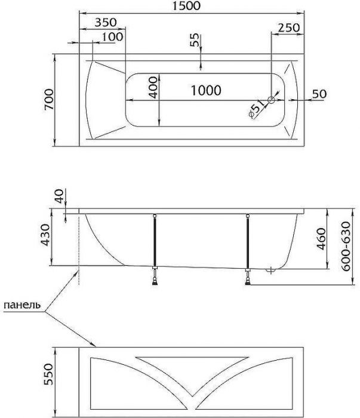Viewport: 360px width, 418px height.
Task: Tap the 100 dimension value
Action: (x=112, y=36)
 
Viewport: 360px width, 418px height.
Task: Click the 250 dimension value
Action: (x=288, y=29)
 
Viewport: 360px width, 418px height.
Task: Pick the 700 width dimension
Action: (x=50, y=100)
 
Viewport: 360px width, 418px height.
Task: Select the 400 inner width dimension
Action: (x=154, y=88)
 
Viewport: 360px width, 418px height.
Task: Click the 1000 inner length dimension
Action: (x=207, y=91)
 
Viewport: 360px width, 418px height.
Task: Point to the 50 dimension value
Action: (x=319, y=94)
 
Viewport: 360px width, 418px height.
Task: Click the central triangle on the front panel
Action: (x=190, y=367)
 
